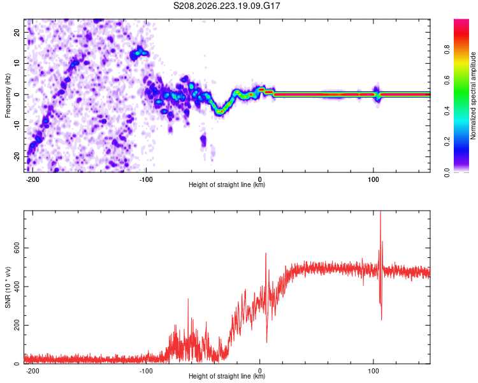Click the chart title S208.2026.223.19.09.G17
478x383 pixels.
click(x=226, y=6)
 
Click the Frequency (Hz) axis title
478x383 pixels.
click(x=8, y=96)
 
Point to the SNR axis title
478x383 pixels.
click(x=8, y=287)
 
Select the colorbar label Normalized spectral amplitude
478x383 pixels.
click(x=473, y=96)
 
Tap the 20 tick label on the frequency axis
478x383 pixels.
click(x=17, y=32)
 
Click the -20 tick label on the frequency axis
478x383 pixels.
click(x=17, y=156)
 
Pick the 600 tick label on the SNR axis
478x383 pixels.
click(x=17, y=248)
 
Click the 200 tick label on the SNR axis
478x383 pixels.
click(x=17, y=326)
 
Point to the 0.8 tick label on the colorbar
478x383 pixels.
click(x=447, y=50)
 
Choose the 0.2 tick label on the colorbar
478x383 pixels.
click(x=447, y=141)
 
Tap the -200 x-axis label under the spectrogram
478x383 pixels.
click(x=33, y=179)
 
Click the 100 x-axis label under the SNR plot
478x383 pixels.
click(x=373, y=371)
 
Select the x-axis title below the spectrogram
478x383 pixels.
click(x=227, y=184)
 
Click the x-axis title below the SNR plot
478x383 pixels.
click(x=227, y=376)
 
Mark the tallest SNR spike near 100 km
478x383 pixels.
click(x=380, y=212)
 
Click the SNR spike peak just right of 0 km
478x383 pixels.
click(x=266, y=253)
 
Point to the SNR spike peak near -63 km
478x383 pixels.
click(x=188, y=299)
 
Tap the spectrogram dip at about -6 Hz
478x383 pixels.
click(x=220, y=112)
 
